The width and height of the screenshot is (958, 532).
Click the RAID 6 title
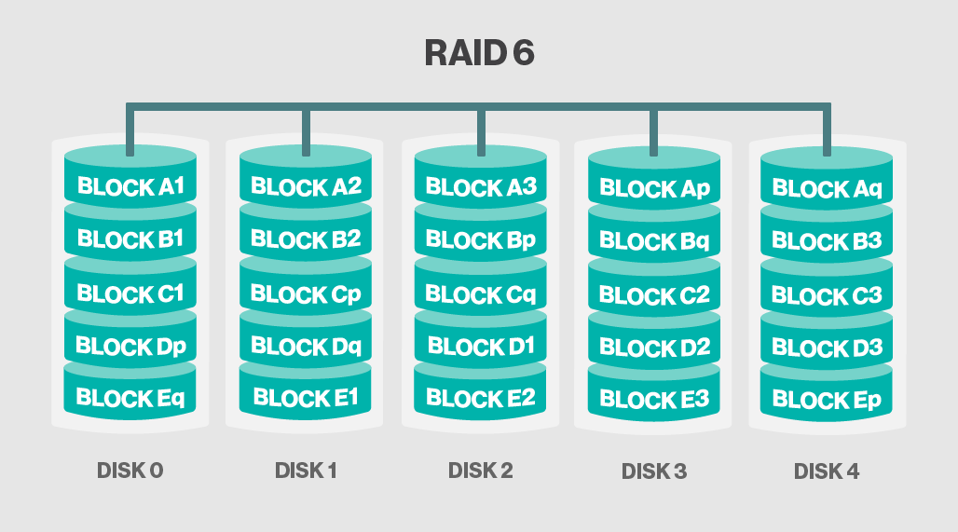coord(479,53)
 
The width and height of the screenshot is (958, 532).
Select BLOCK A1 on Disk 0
coord(130,186)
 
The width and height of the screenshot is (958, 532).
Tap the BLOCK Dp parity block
coord(130,347)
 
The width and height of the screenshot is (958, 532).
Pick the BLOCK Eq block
coord(130,399)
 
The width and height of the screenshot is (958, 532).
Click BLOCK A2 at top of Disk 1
coord(306,187)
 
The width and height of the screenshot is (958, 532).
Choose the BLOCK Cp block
coord(306,294)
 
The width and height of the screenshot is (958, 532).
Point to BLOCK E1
coord(306,399)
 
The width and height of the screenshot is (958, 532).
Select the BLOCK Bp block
coord(480,240)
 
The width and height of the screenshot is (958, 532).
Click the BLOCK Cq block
coord(480,294)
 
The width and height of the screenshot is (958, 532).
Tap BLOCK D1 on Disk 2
coord(480,348)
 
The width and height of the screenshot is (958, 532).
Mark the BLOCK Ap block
coord(654,189)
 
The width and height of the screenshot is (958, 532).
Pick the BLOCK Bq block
coord(654,242)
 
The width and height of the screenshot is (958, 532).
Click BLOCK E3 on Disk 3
coord(654,401)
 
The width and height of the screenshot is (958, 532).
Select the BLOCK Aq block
coord(827,189)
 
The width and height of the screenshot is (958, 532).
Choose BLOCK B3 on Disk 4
coord(827,242)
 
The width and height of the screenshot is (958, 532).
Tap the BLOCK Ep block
coord(827,402)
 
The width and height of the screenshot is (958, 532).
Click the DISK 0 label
coord(130,471)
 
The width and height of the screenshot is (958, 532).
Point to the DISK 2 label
coord(480,471)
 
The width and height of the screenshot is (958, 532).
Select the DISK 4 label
coord(827,471)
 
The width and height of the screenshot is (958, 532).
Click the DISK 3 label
coord(654,471)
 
